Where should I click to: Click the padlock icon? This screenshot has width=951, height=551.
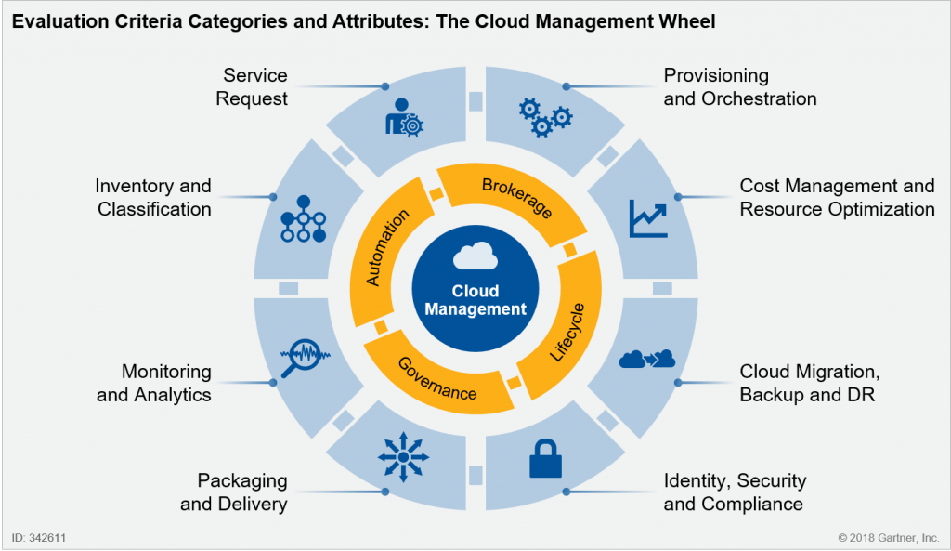coord(545,459)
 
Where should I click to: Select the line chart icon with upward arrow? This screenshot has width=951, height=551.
coord(648,218)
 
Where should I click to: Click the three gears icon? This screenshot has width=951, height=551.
coord(545,116)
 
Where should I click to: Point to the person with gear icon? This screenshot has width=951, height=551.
coord(404,117)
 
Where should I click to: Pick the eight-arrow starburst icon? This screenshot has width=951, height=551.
coord(403,457)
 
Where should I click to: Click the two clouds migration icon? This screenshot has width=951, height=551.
coord(647,359)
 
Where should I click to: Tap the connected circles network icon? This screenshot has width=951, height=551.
coord(304,219)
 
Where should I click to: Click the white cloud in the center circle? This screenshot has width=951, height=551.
coord(475,256)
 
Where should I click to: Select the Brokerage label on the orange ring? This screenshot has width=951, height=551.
coord(516,198)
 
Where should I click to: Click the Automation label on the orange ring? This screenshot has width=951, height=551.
coord(387,247)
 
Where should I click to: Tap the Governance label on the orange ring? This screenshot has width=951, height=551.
coord(436,379)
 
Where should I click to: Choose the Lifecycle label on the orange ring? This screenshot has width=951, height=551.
coord(567,333)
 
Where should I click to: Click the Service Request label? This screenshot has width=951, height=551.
coord(252,86)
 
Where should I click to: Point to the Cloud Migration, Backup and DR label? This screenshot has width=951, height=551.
coord(810,383)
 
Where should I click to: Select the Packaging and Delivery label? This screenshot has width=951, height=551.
coord(234,492)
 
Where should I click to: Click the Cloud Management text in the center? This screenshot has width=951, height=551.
coord(475,300)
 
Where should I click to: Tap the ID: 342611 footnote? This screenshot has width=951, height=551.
coord(39,538)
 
